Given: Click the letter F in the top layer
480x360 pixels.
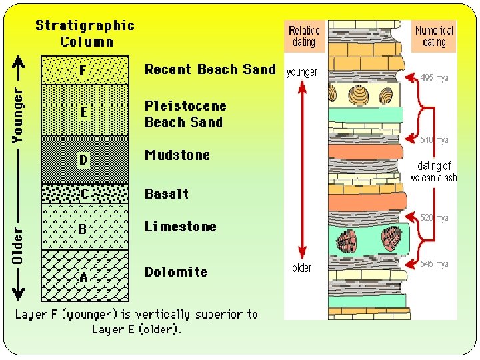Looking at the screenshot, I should coord(83,70).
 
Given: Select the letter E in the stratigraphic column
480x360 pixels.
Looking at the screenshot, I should coord(83,111).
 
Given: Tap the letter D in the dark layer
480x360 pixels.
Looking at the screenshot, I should coord(83,160).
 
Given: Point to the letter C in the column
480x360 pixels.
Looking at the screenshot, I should coord(83,193).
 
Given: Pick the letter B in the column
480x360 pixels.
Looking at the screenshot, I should coord(83,229).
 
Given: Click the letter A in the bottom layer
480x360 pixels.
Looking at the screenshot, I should coord(83,277).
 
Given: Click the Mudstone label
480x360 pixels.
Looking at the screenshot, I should coord(177,155).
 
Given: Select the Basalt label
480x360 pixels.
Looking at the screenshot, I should coord(167,194).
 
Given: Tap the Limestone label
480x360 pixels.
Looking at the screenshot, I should coord(181,227).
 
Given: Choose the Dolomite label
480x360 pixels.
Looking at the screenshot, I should coord(176,272).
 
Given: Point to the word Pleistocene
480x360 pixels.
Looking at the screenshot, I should coord(185,106).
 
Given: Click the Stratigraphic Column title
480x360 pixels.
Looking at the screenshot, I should coord(85,33).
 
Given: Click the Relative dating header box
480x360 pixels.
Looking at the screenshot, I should coord(304,36).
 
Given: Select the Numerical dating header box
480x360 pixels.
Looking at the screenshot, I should coord(434,36).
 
